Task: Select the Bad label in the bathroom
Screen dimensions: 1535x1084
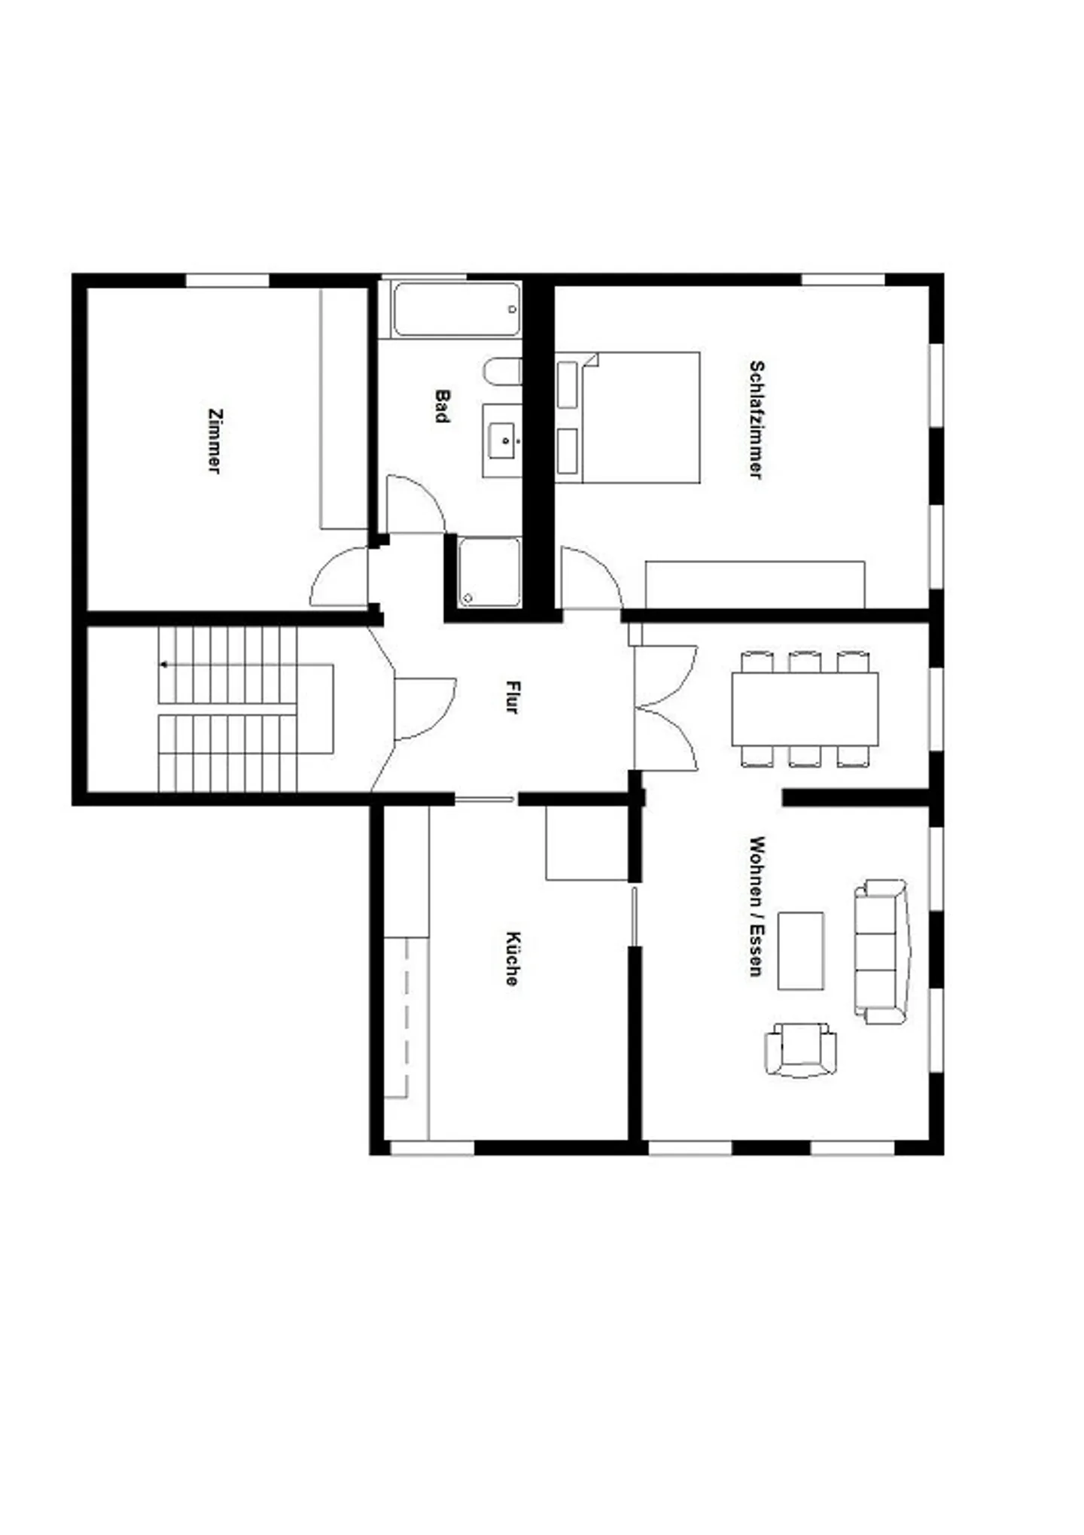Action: [442, 406]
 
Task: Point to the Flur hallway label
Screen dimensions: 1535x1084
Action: [513, 696]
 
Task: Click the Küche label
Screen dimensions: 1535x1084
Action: [513, 958]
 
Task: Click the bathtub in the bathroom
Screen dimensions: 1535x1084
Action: [456, 309]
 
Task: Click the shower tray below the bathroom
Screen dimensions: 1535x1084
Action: [489, 572]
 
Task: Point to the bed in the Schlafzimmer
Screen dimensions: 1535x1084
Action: [629, 417]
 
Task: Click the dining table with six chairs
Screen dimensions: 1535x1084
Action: [805, 709]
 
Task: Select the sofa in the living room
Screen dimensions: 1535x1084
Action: [882, 952]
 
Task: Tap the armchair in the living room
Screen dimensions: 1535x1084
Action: [800, 1049]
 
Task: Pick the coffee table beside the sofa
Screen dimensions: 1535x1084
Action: [800, 951]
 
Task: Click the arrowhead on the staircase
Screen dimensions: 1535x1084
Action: [164, 665]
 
